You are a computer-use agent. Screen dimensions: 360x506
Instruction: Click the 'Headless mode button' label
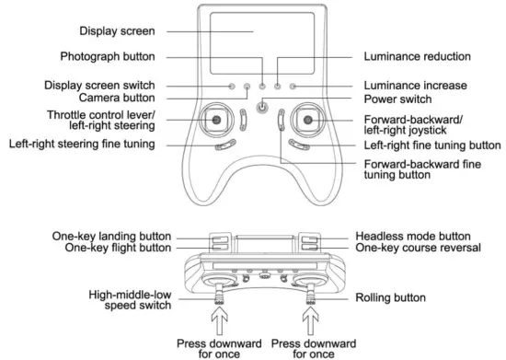click(x=409, y=237)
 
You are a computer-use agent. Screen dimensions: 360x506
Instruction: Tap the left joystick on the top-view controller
click(x=215, y=121)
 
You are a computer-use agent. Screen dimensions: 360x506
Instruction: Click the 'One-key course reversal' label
click(x=404, y=249)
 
